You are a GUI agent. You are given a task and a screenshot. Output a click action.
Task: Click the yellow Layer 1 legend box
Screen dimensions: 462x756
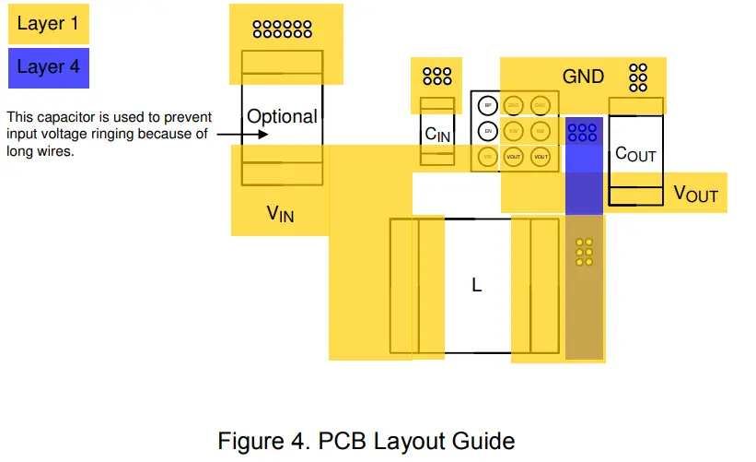[x=49, y=23]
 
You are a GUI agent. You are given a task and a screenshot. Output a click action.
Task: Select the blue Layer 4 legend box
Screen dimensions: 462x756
[x=49, y=67]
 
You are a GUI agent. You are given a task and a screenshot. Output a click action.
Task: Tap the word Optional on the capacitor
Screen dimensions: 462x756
[x=282, y=117]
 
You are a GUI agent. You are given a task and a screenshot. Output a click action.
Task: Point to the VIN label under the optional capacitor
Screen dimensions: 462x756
[x=280, y=215]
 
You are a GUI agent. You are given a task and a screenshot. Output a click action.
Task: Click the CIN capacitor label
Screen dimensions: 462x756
[x=437, y=135]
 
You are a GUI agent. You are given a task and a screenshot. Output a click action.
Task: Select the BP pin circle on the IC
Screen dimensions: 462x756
[x=488, y=105]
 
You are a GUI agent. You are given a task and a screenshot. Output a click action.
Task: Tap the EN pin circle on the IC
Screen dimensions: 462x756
[x=488, y=131]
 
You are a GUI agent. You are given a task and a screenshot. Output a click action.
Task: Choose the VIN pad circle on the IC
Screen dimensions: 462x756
[x=488, y=157]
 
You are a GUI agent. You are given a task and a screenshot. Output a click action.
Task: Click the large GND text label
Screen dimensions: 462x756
[x=583, y=77]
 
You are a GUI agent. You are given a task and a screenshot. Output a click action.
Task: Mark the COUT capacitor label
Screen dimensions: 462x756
[x=635, y=154]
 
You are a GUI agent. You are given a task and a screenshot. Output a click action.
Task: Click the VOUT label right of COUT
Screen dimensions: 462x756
[x=695, y=194]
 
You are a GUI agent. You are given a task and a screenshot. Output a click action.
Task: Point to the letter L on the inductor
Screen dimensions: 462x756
[x=477, y=286]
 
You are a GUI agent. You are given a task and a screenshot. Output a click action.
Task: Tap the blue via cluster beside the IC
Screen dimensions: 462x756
[x=582, y=132]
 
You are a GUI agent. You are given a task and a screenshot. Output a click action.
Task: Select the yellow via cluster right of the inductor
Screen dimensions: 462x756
[x=583, y=252]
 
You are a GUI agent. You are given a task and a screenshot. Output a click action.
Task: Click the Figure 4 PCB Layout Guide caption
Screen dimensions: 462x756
[x=366, y=440]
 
